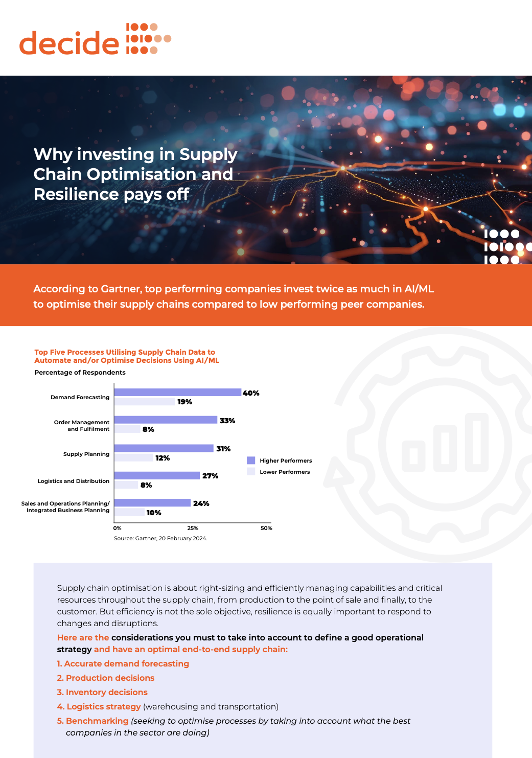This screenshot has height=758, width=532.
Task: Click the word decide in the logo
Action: (69, 43)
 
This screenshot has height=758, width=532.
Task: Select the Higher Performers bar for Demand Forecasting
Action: (177, 393)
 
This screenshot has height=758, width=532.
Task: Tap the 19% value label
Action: (184, 402)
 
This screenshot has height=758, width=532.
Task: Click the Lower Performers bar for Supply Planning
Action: (134, 458)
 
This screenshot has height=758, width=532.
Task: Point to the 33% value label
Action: (227, 421)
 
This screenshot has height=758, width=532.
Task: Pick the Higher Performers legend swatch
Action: (251, 461)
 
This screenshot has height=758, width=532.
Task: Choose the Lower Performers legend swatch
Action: (251, 472)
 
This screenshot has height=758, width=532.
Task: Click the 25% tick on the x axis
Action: (193, 528)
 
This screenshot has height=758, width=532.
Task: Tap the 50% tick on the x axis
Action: (266, 528)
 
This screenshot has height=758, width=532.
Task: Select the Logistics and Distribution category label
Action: (74, 481)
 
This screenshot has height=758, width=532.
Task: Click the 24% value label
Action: (201, 503)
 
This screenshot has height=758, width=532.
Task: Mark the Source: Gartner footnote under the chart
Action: (160, 538)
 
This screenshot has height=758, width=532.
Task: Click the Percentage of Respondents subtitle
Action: (80, 373)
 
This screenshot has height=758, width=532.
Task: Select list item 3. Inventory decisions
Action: (102, 692)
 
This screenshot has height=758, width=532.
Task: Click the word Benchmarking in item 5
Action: (97, 721)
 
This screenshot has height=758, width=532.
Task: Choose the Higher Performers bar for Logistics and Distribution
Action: (157, 476)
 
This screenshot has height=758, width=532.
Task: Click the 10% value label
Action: (154, 513)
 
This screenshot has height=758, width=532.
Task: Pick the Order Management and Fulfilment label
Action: (82, 426)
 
